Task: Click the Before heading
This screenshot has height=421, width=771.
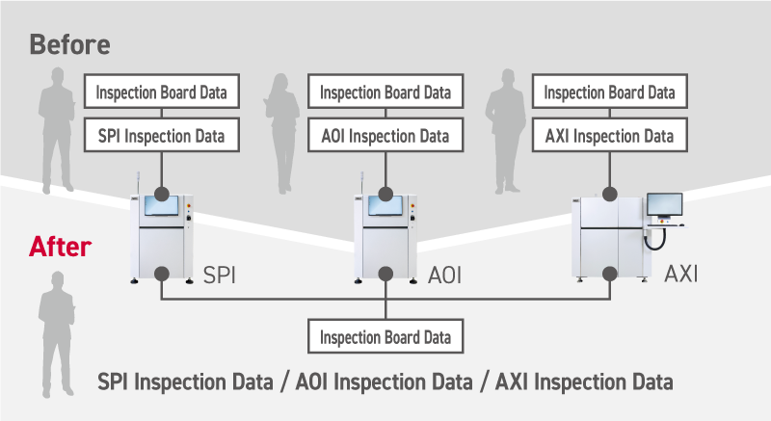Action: (x=69, y=44)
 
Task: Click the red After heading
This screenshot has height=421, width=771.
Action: (x=61, y=247)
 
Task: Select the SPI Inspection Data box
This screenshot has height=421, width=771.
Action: (x=161, y=136)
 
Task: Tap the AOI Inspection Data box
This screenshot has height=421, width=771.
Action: (x=385, y=136)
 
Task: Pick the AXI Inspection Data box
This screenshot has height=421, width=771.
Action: (x=609, y=136)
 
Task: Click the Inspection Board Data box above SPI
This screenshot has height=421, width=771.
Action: (x=161, y=93)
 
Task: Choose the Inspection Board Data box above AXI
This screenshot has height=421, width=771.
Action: (x=609, y=93)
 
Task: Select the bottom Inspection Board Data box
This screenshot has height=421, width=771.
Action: (x=385, y=338)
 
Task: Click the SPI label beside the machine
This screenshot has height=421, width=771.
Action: (x=220, y=276)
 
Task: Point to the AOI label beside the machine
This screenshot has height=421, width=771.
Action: (x=444, y=276)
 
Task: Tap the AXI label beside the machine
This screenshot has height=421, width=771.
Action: (x=680, y=275)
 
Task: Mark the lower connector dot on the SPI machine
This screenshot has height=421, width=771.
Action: (x=161, y=274)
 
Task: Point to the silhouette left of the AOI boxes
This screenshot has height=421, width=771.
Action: (x=283, y=130)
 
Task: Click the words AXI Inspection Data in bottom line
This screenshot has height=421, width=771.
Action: (x=584, y=382)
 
